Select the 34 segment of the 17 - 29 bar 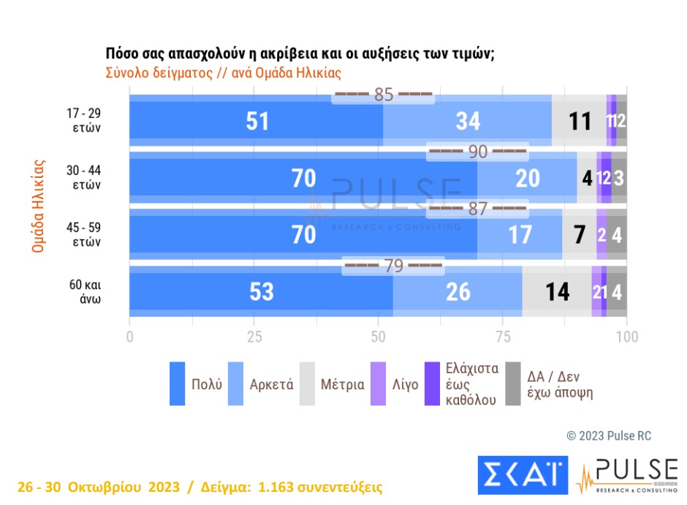pos(468,121)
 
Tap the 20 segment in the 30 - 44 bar pos(527,178)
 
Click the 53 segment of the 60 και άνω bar pos(261,291)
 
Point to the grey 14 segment pos(557,291)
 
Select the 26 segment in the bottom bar pos(458,291)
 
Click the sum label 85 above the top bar pos(384,95)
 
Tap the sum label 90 pos(477,152)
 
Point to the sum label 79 pos(393,266)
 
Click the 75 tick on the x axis pos(503,337)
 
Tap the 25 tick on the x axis pos(254,337)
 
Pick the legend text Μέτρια pos(342,384)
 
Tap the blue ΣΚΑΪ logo pos(523,474)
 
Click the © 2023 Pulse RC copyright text pos(609,436)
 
